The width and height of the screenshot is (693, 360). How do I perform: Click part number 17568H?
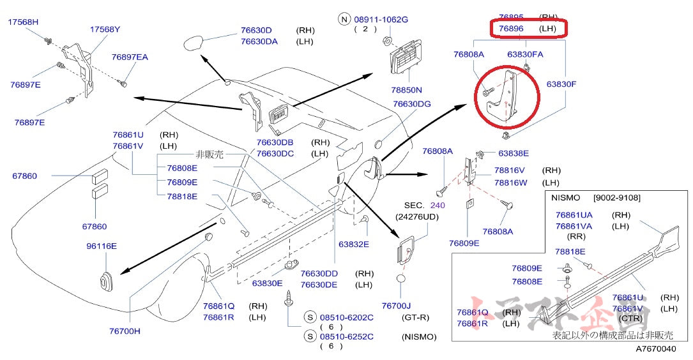pos(23,22)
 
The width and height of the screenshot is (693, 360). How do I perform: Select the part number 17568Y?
pos(105,29)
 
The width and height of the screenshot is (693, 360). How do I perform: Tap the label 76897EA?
pos(130,57)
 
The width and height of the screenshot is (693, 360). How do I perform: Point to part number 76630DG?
pos(411,104)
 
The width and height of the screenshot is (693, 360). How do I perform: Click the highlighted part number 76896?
pos(511,29)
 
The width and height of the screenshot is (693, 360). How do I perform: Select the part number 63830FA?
pos(525,55)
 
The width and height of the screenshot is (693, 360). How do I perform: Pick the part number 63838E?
pos(514,153)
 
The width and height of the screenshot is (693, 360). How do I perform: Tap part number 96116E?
pos(102,246)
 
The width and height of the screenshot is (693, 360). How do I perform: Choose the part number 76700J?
pos(397,306)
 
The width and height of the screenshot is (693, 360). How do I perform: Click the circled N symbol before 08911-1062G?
pos(345,20)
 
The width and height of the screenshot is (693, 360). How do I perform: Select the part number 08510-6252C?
pos(347,336)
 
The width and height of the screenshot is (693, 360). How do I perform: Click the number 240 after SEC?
pos(437,206)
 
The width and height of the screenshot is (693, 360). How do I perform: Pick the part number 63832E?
pos(354,243)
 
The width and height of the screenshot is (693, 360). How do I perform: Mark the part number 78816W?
pos(510,183)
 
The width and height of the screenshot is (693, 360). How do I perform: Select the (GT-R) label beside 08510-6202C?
pos(415,317)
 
